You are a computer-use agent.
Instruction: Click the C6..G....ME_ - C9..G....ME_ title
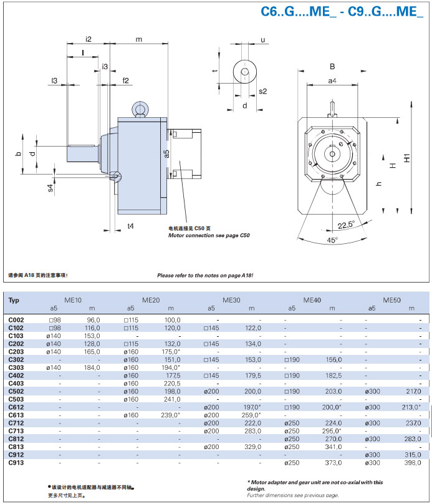pyautogui.click(x=342, y=12)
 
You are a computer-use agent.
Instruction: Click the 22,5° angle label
pyautogui.click(x=347, y=225)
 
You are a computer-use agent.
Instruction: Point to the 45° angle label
pyautogui.click(x=332, y=240)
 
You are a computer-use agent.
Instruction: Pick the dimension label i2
pyautogui.click(x=89, y=39)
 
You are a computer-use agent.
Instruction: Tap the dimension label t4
pyautogui.click(x=130, y=226)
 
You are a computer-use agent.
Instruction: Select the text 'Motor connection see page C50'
pyautogui.click(x=209, y=236)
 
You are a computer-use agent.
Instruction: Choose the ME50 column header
pyautogui.click(x=393, y=300)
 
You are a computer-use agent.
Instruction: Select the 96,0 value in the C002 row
pyautogui.click(x=92, y=319)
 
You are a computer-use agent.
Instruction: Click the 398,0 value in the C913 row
pyautogui.click(x=413, y=462)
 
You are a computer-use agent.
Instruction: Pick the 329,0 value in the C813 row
pyautogui.click(x=252, y=447)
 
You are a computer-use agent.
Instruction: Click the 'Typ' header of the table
pyautogui.click(x=14, y=300)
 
